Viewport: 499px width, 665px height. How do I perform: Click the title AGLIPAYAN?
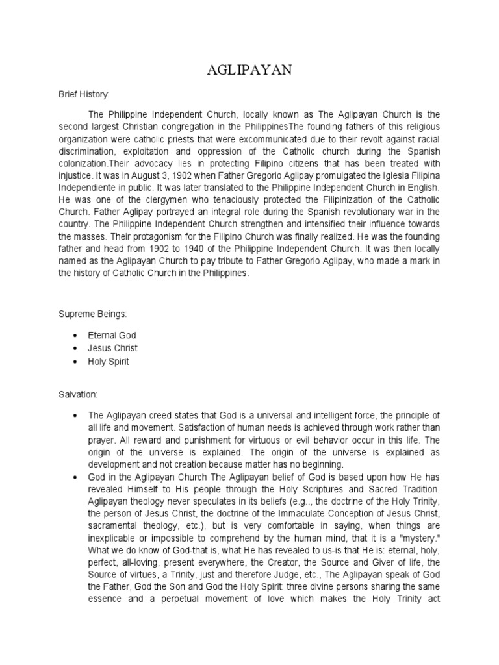click(249, 71)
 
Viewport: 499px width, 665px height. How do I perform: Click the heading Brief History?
click(84, 94)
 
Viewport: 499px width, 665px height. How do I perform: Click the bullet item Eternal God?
click(112, 336)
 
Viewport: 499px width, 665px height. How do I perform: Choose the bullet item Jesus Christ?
click(113, 349)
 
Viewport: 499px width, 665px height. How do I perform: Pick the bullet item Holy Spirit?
click(109, 362)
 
